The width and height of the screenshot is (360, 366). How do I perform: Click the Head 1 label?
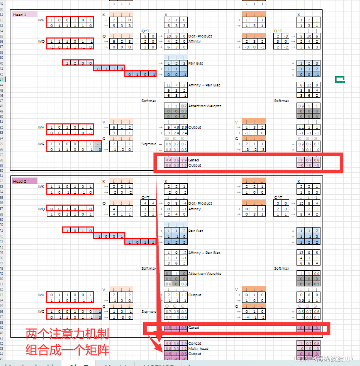pyautogui.click(x=18, y=15)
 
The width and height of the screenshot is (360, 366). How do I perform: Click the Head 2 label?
pyautogui.click(x=18, y=181)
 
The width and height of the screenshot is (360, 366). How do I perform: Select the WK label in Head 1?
pyautogui.click(x=41, y=20)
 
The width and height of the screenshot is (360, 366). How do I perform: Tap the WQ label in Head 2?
pyautogui.click(x=41, y=209)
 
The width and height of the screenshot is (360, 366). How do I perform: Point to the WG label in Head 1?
pyautogui.click(x=41, y=144)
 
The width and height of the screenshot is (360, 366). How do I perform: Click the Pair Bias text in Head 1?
pyautogui.click(x=196, y=63)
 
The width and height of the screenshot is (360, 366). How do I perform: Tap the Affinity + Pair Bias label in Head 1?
pyautogui.click(x=204, y=85)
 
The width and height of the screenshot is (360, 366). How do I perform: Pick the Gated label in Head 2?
pyautogui.click(x=194, y=328)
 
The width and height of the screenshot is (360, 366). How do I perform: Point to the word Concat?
pyautogui.click(x=194, y=344)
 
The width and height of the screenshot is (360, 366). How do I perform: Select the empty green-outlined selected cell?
pyautogui.click(x=340, y=80)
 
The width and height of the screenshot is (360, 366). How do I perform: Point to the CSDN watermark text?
pyautogui.click(x=323, y=359)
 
